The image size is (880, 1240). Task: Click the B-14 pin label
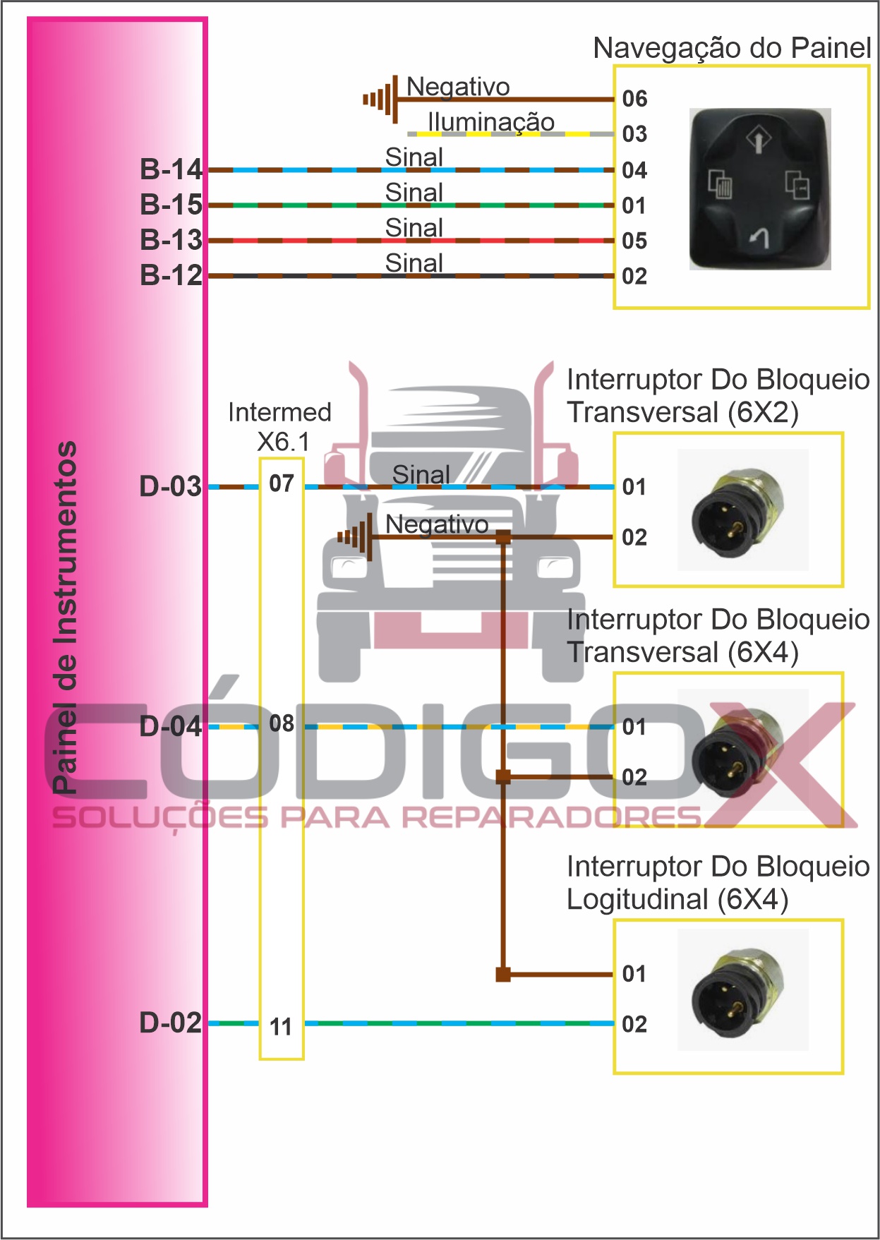(x=171, y=169)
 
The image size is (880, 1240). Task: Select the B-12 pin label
(x=171, y=275)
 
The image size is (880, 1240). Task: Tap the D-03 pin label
(x=170, y=486)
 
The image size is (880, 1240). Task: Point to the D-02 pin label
(x=170, y=1023)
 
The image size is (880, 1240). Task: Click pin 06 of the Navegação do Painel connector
(x=634, y=99)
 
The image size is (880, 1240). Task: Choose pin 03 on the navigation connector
(x=634, y=134)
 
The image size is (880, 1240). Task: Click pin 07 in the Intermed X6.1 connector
(x=281, y=483)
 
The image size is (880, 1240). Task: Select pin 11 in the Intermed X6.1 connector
(x=281, y=1027)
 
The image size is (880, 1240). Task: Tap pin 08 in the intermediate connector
(x=281, y=723)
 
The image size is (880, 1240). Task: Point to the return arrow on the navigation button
(x=759, y=239)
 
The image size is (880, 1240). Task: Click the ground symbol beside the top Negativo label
(x=382, y=100)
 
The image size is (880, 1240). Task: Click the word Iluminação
(x=490, y=122)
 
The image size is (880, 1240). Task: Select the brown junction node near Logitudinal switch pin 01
(x=503, y=975)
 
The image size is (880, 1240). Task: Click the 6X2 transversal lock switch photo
(x=742, y=510)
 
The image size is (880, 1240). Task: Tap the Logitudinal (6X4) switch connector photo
(x=742, y=989)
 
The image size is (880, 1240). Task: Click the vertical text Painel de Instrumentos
(x=65, y=618)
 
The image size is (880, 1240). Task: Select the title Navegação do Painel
(x=732, y=48)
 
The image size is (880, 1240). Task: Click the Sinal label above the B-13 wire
(x=414, y=228)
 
